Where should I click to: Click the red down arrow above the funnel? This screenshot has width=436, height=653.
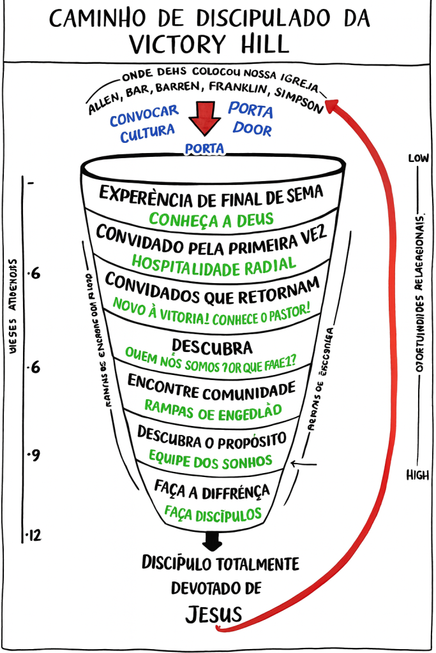tap(204, 119)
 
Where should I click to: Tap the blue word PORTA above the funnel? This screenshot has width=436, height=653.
tap(204, 149)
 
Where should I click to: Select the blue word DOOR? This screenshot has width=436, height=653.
tap(252, 129)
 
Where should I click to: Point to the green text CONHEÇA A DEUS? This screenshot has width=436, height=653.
tap(211, 219)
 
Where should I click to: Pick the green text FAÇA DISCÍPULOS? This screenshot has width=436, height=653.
tap(213, 512)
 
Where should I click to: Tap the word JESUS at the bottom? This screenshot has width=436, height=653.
tap(214, 614)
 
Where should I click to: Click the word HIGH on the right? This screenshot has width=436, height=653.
tap(418, 475)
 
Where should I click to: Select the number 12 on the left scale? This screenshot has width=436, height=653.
tap(34, 534)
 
